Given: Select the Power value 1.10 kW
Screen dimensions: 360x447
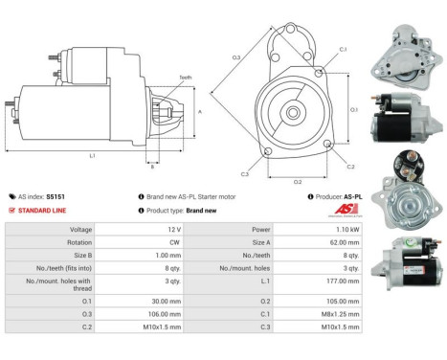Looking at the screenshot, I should pos(346,230).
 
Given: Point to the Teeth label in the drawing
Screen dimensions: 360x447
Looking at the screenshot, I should pos(185,78).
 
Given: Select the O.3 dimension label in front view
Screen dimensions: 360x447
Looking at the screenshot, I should pos(235,57).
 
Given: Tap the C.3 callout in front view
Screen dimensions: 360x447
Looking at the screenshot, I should pos(245,174).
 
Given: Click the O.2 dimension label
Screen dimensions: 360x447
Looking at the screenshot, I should pos(298,181).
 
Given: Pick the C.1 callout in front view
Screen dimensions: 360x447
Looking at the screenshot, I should pos(342,49).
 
